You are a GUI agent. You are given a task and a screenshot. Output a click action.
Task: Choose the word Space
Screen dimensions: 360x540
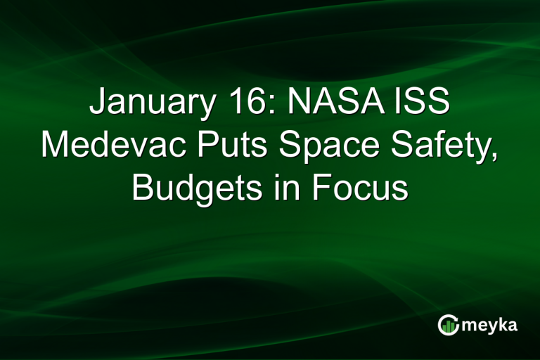coord(317,146)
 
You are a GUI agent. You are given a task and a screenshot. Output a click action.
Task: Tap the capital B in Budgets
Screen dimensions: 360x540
coord(143,188)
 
